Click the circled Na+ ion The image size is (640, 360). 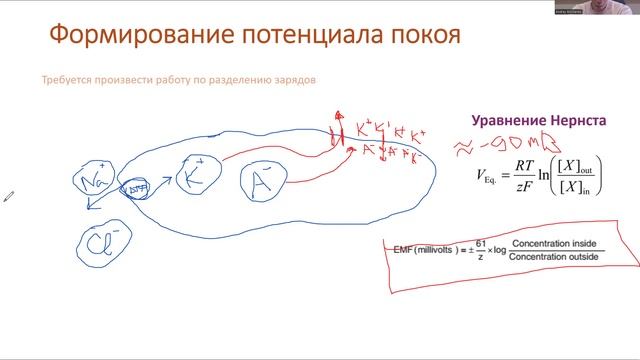94,182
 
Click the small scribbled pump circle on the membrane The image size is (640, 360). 133,187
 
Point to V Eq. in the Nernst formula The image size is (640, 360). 494,174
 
